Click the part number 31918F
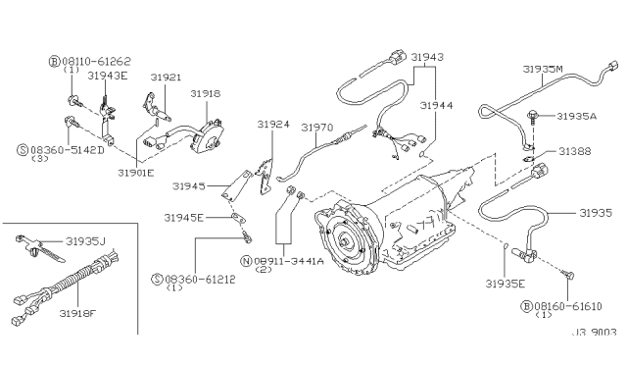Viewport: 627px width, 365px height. pyautogui.click(x=78, y=313)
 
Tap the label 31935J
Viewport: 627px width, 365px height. pyautogui.click(x=85, y=241)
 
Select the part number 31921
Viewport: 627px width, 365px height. pyautogui.click(x=166, y=77)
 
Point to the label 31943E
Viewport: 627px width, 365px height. pyautogui.click(x=108, y=76)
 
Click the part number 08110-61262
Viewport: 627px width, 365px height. pyautogui.click(x=96, y=61)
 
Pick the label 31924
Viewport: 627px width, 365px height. pyautogui.click(x=273, y=125)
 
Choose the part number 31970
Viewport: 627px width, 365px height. pyautogui.click(x=317, y=128)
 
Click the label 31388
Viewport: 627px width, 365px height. pyautogui.click(x=575, y=151)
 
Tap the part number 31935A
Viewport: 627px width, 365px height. pyautogui.click(x=577, y=116)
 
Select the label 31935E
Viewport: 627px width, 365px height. pyautogui.click(x=506, y=284)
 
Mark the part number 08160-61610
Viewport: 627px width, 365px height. pyautogui.click(x=568, y=306)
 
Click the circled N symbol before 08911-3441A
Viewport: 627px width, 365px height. pyautogui.click(x=246, y=261)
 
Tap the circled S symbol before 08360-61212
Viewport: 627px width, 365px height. pyautogui.click(x=158, y=279)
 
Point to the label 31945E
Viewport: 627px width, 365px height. pyautogui.click(x=184, y=218)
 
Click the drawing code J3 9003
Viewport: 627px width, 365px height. pyautogui.click(x=595, y=333)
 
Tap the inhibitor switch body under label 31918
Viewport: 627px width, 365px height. pyautogui.click(x=207, y=136)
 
